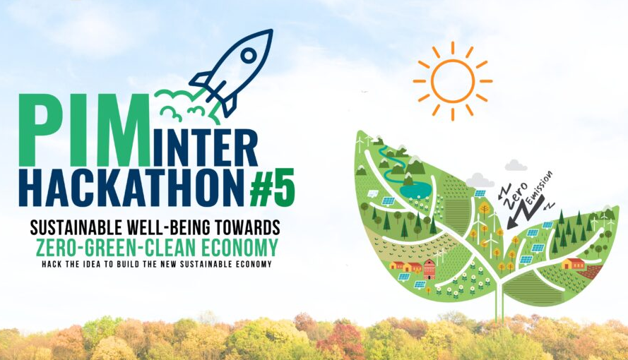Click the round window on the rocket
tap(249, 55)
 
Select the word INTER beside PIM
tap(204, 148)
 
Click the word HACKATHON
tap(131, 188)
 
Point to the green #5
tap(273, 188)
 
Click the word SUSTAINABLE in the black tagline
tap(77, 227)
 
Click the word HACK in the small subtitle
tap(52, 264)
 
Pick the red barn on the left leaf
tap(429, 269)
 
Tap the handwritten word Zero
tap(516, 193)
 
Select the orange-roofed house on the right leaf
tap(574, 263)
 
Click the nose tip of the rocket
tap(272, 30)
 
